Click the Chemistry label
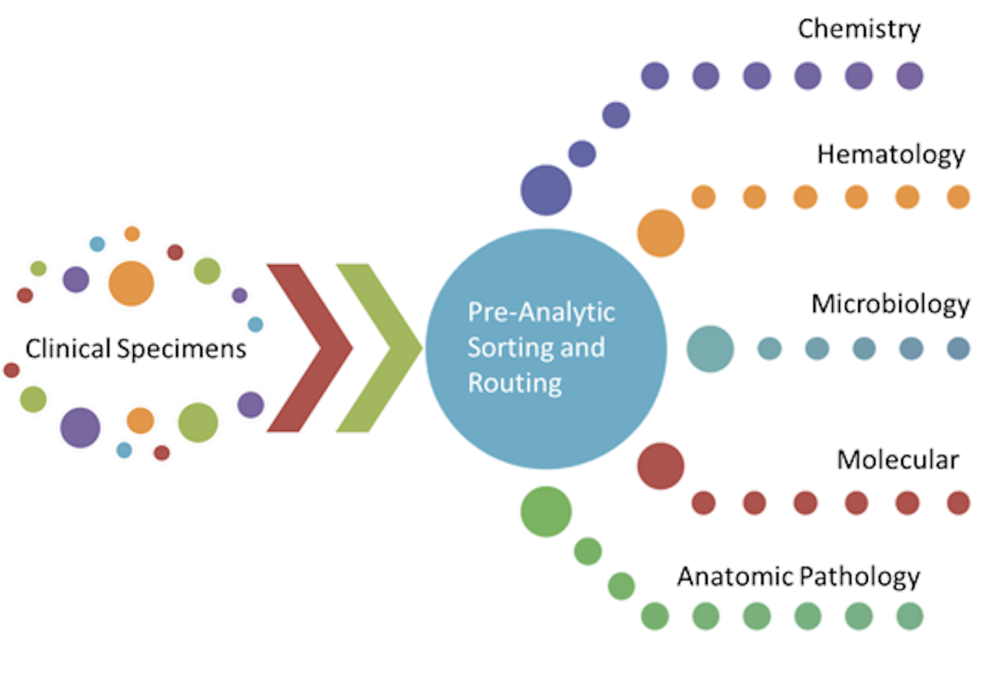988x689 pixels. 858,29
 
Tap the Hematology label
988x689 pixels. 890,155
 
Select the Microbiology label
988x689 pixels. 890,304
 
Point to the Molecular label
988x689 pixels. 897,459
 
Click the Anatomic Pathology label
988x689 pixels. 798,577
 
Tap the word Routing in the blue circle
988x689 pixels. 515,383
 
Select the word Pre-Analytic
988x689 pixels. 541,312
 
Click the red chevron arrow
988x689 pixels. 309,348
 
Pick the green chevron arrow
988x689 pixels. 378,348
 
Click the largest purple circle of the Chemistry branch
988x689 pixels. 545,190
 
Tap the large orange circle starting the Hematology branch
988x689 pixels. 660,233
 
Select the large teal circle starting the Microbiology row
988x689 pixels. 710,349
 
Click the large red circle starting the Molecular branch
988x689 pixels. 660,466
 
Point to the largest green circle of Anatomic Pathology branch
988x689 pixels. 545,511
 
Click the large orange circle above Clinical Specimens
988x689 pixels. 131,283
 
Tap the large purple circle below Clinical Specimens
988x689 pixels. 80,427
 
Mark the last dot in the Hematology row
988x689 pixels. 958,197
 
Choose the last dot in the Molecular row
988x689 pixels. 958,503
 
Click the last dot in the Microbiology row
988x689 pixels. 958,349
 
